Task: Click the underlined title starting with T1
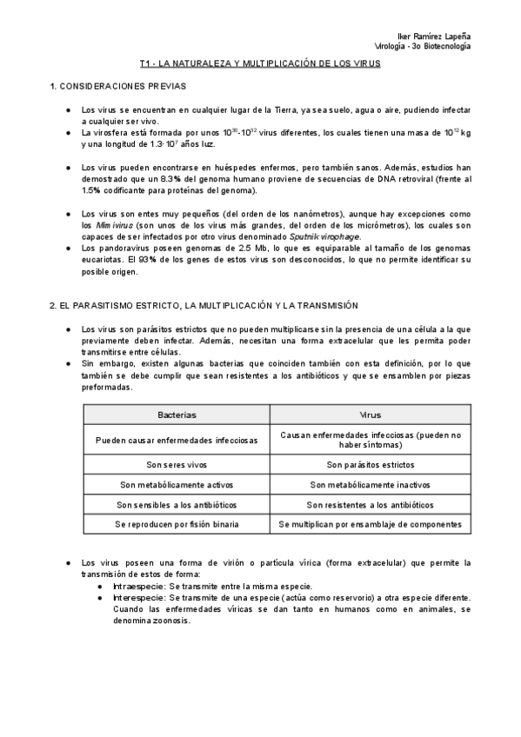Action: (x=260, y=64)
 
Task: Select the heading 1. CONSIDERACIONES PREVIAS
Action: (x=117, y=88)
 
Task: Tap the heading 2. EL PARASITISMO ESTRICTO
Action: (x=202, y=307)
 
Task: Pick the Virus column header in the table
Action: (x=370, y=415)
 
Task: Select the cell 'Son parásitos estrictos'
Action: (x=370, y=463)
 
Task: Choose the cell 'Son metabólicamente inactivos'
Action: (x=370, y=484)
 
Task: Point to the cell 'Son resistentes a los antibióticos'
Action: (x=370, y=504)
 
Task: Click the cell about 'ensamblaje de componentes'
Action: (x=370, y=524)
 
